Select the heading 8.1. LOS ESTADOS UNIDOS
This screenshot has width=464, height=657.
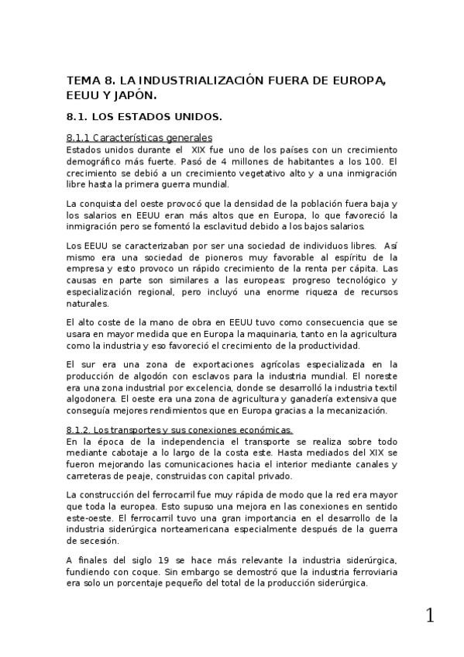coord(144,118)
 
